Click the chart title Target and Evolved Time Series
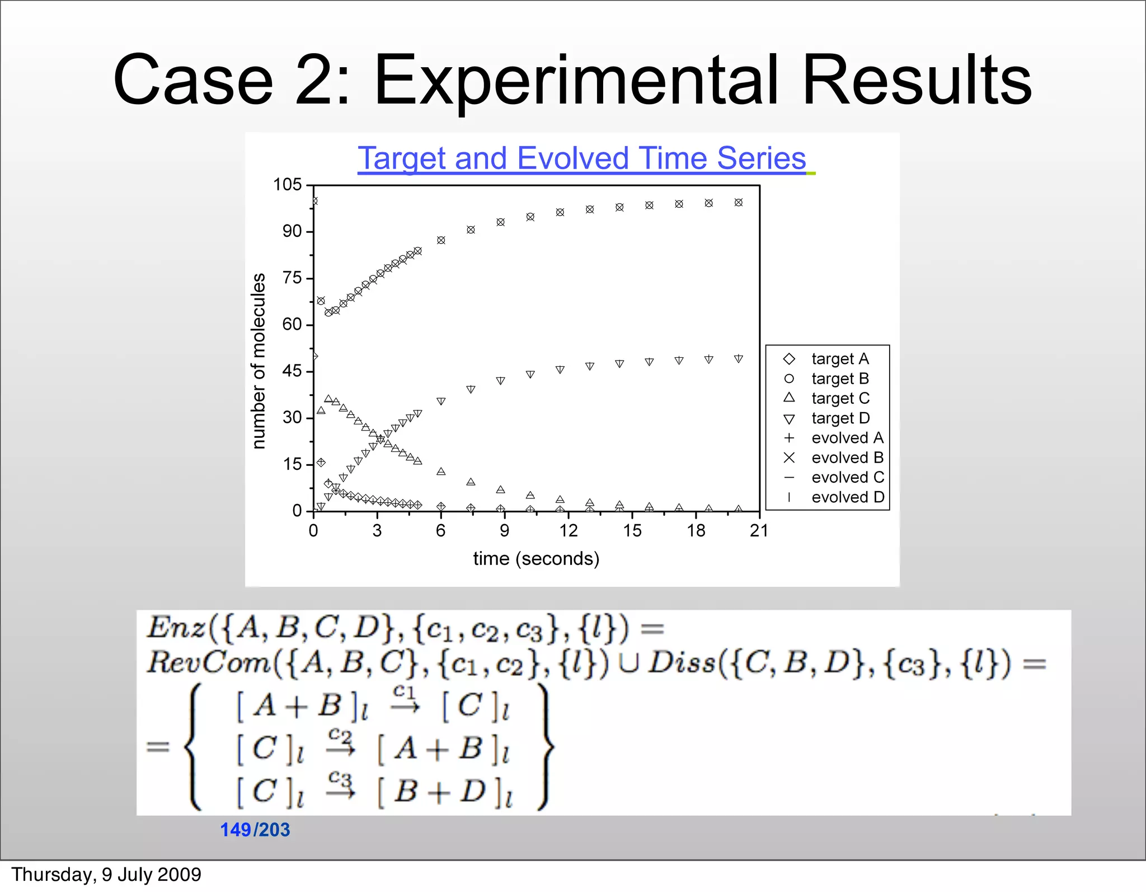pyautogui.click(x=581, y=158)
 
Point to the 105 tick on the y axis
pyautogui.click(x=287, y=184)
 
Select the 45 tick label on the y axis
pyautogui.click(x=292, y=371)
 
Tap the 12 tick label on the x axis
pyautogui.click(x=568, y=531)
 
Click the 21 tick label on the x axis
pyautogui.click(x=759, y=531)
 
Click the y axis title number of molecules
pyautogui.click(x=258, y=361)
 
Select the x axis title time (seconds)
pyautogui.click(x=536, y=558)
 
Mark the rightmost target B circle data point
pyautogui.click(x=739, y=203)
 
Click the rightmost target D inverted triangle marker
pyautogui.click(x=739, y=358)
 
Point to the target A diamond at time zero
pyautogui.click(x=314, y=356)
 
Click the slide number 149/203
pyautogui.click(x=255, y=829)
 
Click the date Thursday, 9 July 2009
pyautogui.click(x=106, y=875)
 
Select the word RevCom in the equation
pyautogui.click(x=208, y=663)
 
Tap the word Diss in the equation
pyautogui.click(x=682, y=663)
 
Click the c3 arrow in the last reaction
pyautogui.click(x=340, y=786)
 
